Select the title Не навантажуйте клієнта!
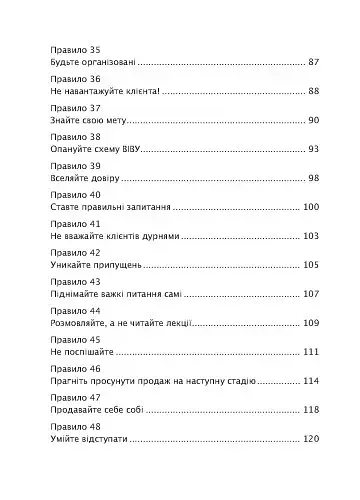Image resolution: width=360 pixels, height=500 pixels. coord(101,91)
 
